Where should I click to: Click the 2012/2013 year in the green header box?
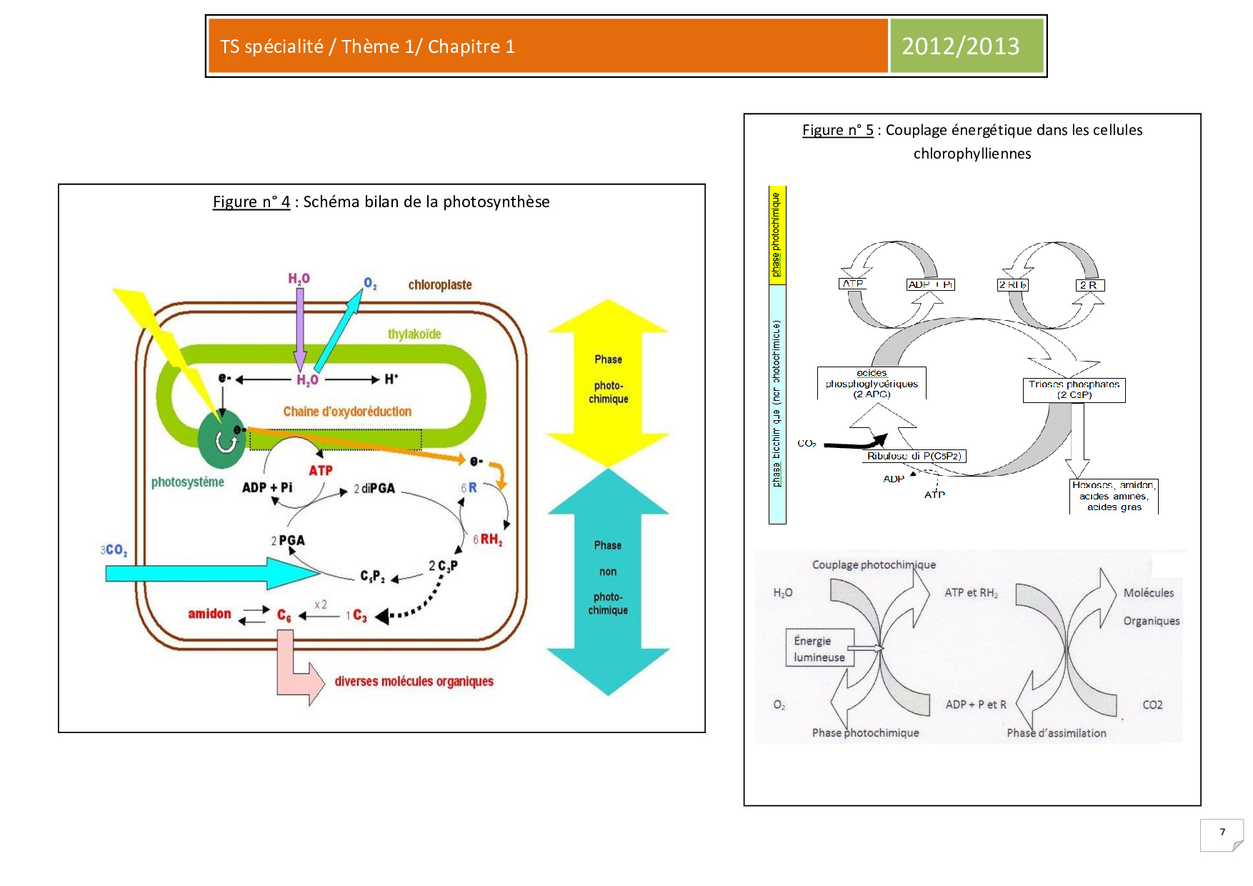coord(960,46)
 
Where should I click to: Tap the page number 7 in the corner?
coord(1222,832)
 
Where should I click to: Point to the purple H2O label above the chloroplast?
coord(299,279)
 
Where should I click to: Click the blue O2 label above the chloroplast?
coord(370,284)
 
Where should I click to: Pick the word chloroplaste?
coord(440,285)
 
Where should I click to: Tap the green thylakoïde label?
coord(414,334)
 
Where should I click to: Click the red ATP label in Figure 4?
coord(321,471)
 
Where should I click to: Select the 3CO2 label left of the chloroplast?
coord(114,550)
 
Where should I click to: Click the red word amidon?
coord(209,614)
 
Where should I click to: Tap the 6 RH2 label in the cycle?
coord(488,539)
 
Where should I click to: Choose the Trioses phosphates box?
coord(1074,390)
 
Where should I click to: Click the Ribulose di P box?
coord(914,456)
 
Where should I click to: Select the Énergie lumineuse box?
coord(819,649)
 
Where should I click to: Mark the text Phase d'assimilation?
coord(1056,733)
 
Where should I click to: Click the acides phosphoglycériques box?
coord(872,384)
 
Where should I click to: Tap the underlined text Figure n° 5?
coord(837,130)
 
